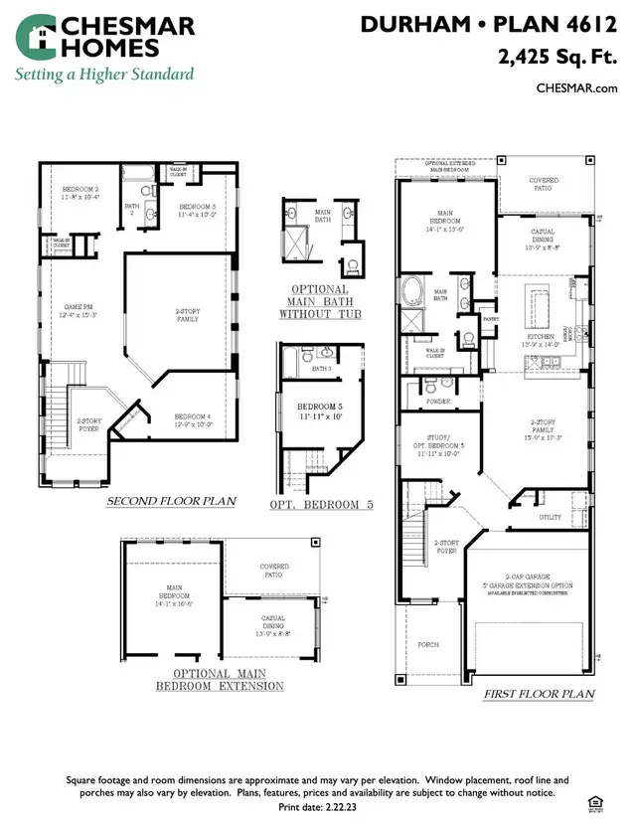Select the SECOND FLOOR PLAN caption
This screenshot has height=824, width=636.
tap(171, 501)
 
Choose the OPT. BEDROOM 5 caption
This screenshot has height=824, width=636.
tap(321, 505)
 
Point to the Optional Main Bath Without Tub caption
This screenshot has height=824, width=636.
tap(321, 301)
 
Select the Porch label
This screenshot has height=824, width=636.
tap(428, 644)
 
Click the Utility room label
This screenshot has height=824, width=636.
tap(550, 517)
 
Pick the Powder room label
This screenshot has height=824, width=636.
tap(438, 401)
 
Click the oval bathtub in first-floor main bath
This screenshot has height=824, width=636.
tap(412, 292)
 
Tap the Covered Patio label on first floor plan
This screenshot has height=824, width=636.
tap(545, 184)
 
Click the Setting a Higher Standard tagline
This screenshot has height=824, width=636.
tap(102, 75)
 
